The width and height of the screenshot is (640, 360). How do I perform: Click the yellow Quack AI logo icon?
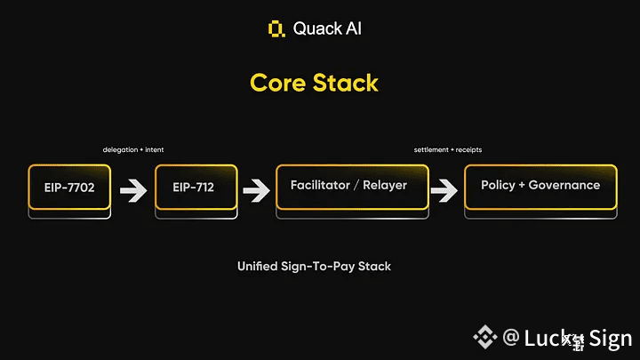click(x=276, y=28)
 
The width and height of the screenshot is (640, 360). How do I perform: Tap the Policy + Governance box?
click(x=540, y=186)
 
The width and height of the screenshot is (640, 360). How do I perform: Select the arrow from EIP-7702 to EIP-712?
click(x=133, y=189)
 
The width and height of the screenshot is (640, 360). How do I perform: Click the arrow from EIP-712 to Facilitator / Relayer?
click(x=256, y=189)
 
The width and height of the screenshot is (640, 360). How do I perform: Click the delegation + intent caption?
click(x=133, y=149)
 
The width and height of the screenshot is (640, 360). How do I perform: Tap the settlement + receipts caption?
click(x=448, y=149)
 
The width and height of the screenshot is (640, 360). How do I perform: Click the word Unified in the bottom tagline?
click(x=260, y=266)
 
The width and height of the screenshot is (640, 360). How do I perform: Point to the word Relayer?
click(x=386, y=185)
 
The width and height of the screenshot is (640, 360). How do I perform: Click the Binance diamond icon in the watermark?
click(x=484, y=337)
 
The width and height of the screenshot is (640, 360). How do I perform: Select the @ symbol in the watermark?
click(x=510, y=338)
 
